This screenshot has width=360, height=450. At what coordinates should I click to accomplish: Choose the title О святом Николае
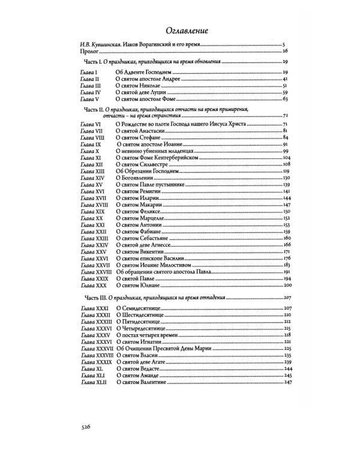136,86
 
